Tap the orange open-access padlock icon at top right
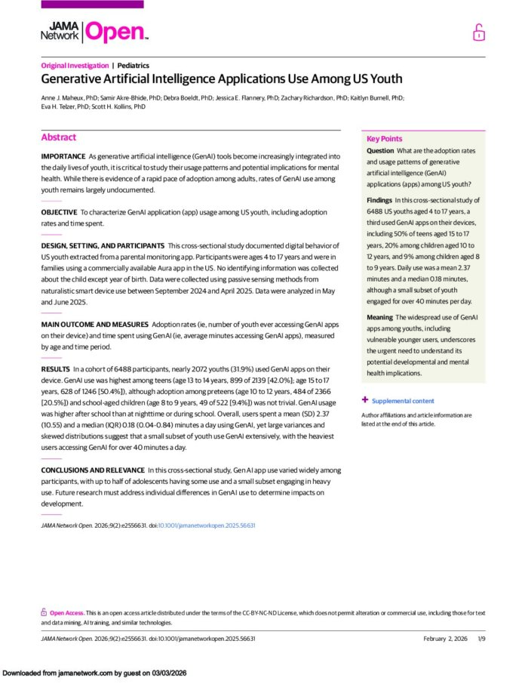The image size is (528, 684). tap(478, 32)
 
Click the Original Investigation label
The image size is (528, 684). tap(75, 66)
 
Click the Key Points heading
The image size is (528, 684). tap(384, 139)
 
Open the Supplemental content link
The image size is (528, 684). tap(403, 401)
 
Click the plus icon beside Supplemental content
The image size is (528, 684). tap(365, 400)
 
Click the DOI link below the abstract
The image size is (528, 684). tap(206, 525)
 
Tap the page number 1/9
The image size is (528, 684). tap(481, 639)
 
